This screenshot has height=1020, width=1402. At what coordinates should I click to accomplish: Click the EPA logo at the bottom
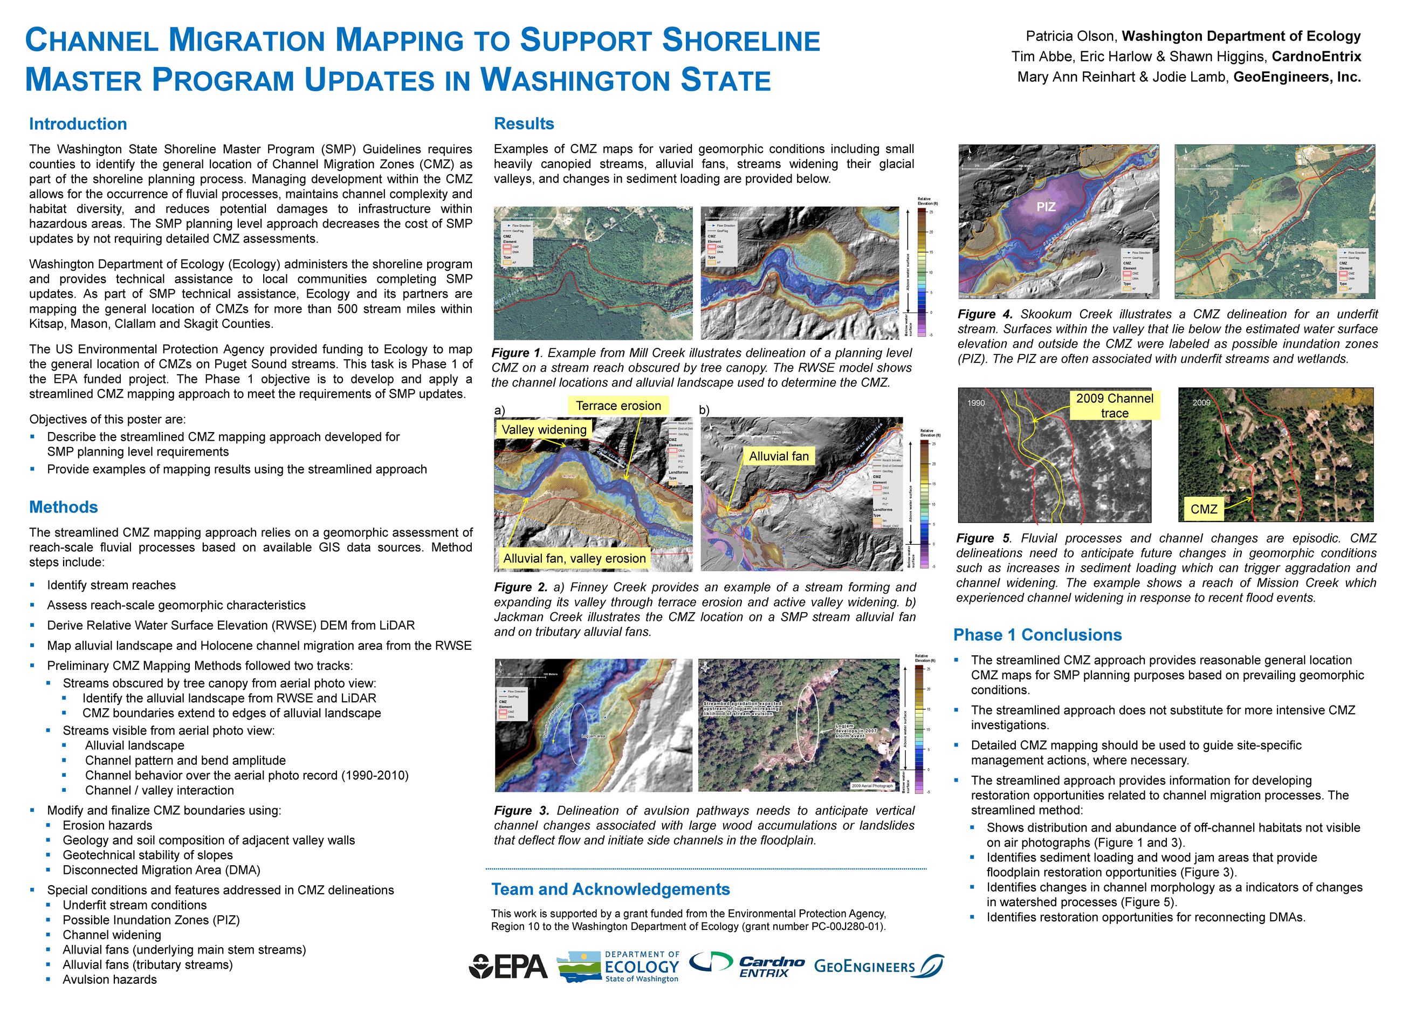508,967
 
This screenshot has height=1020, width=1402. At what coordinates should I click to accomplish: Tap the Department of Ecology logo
618,967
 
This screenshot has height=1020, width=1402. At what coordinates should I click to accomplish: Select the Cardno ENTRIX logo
747,966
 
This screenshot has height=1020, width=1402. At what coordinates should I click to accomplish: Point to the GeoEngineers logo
878,966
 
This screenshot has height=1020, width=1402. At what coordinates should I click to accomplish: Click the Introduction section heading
78,124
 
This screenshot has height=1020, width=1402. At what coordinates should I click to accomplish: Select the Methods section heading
64,508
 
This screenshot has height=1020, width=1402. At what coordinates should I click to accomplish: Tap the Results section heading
524,124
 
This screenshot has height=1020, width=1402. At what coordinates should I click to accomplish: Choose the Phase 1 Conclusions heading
1037,635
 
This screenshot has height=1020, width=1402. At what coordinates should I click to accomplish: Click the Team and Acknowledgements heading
610,889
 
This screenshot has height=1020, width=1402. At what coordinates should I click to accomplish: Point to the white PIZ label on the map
1046,207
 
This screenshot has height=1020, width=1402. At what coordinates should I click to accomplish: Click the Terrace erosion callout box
618,406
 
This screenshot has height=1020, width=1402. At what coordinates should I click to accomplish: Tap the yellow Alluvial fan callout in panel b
779,456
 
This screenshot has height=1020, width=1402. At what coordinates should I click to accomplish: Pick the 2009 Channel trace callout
1115,406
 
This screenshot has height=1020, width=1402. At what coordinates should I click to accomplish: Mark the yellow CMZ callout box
1204,509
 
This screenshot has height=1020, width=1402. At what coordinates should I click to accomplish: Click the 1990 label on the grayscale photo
976,403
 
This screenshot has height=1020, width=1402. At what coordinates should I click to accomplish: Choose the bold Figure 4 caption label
982,314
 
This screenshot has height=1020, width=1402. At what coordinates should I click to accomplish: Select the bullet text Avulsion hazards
109,980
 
